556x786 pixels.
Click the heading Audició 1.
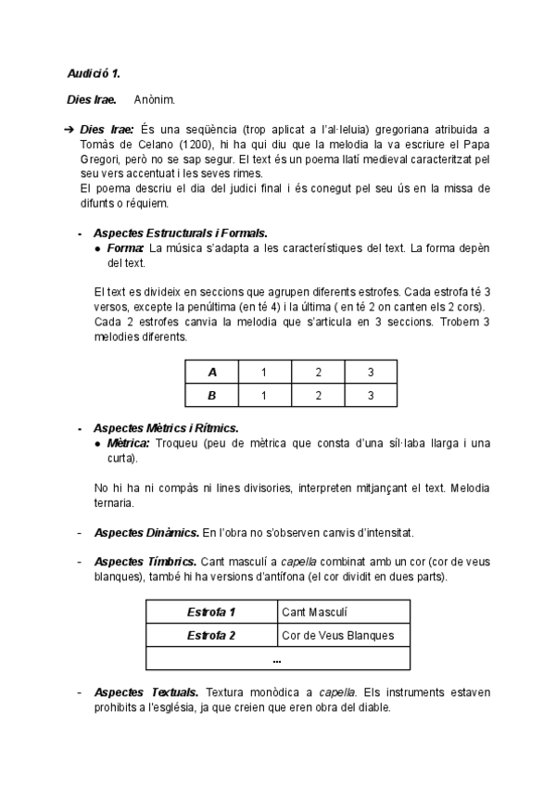pos(94,72)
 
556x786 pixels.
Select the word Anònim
pos(153,99)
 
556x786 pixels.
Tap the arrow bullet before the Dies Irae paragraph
pos(69,129)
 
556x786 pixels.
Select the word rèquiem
pos(145,203)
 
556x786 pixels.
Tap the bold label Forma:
pos(125,247)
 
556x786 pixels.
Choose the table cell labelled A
pos(212,372)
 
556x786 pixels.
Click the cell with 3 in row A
pos(371,372)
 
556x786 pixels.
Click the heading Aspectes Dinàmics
pos(146,533)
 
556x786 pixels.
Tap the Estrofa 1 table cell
pos(211,612)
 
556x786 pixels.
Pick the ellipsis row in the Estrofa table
pos(278,659)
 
